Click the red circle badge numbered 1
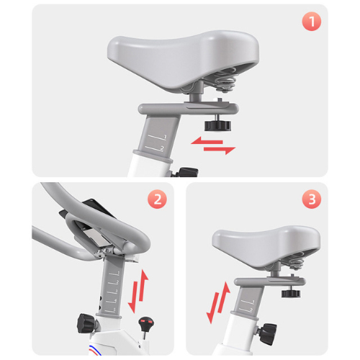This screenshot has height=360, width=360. click(312, 22)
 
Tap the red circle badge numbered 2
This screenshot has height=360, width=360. click(157, 199)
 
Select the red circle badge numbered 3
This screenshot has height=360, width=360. click(312, 199)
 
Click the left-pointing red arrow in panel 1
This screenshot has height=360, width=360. click(207, 141)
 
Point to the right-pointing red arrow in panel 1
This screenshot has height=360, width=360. click(220, 150)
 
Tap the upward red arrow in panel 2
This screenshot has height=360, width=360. click(143, 285)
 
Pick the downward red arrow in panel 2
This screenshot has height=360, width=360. click(133, 297)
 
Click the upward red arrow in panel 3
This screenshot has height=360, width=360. click(224, 297)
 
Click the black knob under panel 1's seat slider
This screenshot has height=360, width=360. click(217, 125)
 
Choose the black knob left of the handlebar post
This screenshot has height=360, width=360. click(86, 323)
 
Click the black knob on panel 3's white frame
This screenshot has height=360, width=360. click(268, 333)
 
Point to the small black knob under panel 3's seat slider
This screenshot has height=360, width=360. click(291, 293)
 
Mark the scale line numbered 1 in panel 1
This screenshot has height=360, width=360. click(158, 137)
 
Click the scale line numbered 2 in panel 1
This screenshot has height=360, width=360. click(155, 148)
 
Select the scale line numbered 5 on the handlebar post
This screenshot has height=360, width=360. click(110, 310)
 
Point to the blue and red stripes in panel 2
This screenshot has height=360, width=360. click(95, 350)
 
